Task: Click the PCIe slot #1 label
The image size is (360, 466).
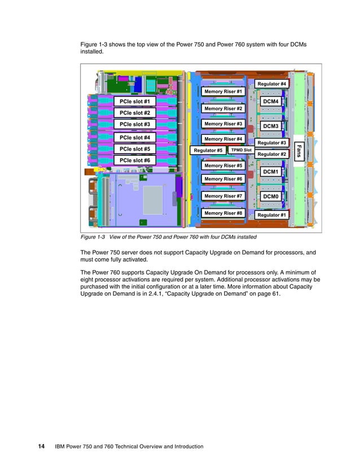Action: click(135, 102)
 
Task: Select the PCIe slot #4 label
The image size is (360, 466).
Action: click(135, 137)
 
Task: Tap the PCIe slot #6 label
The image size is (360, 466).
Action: click(135, 160)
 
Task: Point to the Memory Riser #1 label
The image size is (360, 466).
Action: click(223, 91)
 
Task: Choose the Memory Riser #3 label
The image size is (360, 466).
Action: click(223, 124)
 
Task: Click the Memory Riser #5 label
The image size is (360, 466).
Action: click(223, 166)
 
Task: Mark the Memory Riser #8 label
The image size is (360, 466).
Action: click(223, 214)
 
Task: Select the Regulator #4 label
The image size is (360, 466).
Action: click(272, 84)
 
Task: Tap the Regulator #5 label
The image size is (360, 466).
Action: click(208, 151)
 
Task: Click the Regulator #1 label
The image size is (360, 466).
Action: click(271, 215)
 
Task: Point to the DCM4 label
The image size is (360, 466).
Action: click(271, 102)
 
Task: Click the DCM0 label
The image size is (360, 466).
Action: click(271, 196)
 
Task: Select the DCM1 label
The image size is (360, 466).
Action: click(271, 171)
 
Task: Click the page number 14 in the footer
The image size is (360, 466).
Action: click(41, 446)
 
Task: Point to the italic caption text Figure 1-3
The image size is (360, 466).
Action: click(94, 237)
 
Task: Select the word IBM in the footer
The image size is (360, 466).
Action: click(60, 447)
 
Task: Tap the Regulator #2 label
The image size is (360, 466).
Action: click(271, 154)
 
